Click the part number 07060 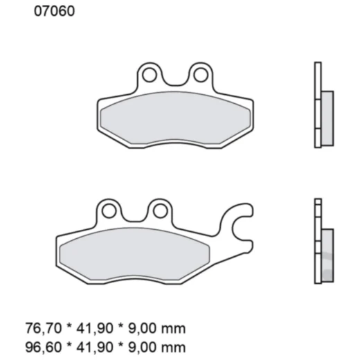[49, 12]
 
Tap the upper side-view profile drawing [321, 105]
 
